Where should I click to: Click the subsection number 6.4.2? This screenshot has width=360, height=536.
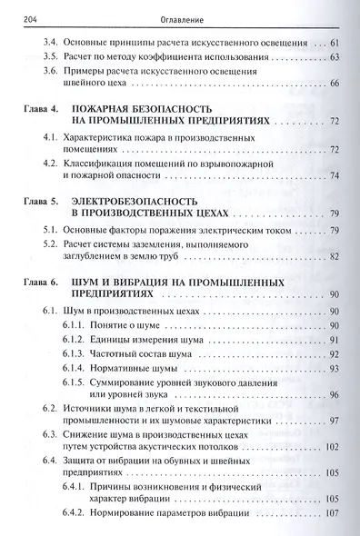tap(75, 514)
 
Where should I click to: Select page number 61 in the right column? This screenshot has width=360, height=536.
tap(335, 43)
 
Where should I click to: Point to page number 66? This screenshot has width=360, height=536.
tap(335, 84)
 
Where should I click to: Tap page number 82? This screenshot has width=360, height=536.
tap(335, 259)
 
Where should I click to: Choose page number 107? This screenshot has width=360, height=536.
tap(333, 514)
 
